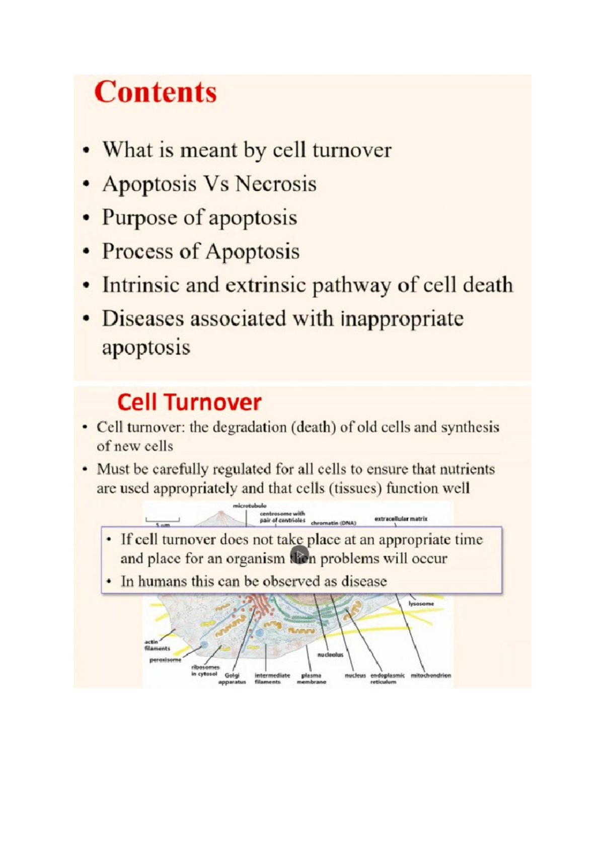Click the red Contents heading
tap(155, 92)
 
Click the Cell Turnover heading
tap(189, 402)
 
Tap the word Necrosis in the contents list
tap(276, 184)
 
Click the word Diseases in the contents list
tap(142, 319)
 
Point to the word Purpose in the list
tap(139, 218)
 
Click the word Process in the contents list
tap(136, 251)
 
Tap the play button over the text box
tap(299, 554)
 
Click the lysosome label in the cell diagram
tap(421, 603)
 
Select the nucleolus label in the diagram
tap(330, 655)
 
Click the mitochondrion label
tap(431, 675)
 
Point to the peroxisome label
tap(165, 660)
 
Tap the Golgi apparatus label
tap(232, 678)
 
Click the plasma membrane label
tap(311, 678)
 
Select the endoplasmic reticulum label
tap(387, 678)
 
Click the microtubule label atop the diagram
tap(249, 505)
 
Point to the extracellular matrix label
tap(401, 518)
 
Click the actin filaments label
tap(157, 645)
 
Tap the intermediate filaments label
tap(272, 678)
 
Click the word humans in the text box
tap(162, 582)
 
